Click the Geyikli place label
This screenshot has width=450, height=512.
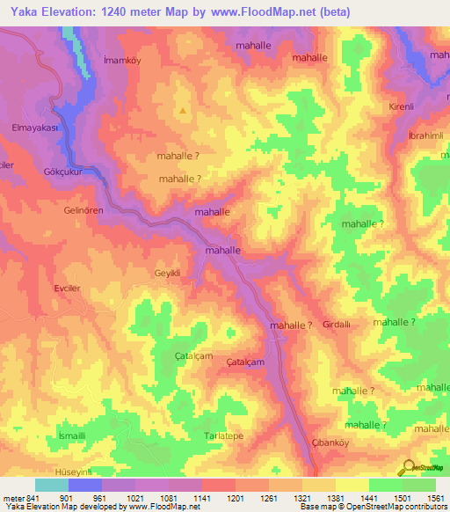(167, 273)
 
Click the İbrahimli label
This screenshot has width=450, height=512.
(426, 135)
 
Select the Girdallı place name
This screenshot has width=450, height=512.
(337, 325)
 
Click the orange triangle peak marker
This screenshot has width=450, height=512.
(183, 111)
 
